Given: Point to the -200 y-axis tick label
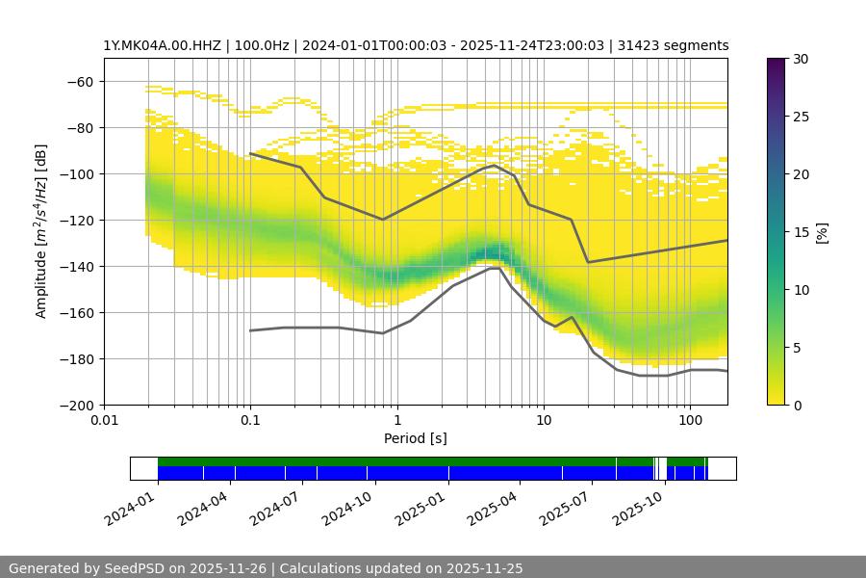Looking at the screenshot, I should coord(78,406).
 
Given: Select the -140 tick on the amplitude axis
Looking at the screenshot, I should coord(78,267).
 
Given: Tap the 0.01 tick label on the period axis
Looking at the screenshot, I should coord(104,421).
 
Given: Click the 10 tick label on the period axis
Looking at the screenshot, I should coord(544,421).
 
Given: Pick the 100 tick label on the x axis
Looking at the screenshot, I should coord(690,421).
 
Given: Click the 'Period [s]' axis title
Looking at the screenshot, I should coord(416,438).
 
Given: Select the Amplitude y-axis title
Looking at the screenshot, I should coord(40,231).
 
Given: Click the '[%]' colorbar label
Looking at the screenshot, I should coord(822,232).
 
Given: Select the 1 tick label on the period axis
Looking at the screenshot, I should coord(397,421).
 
